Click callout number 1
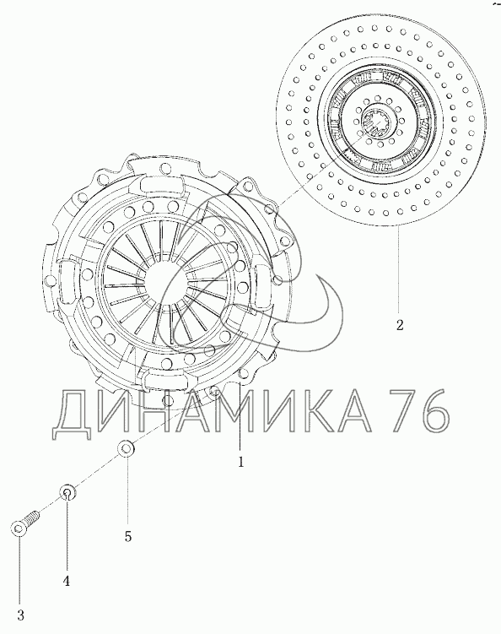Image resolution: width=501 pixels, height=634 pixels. (x=241, y=462)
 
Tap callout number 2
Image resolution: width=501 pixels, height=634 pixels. (x=400, y=325)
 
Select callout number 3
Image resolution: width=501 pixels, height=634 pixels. (x=20, y=615)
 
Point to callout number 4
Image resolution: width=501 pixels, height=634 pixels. (x=67, y=581)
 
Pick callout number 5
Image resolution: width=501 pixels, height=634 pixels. (x=128, y=537)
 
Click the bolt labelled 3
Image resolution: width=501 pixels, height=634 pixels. (x=24, y=523)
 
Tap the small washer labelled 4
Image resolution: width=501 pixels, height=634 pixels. (x=67, y=492)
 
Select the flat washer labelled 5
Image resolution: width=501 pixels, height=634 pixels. (x=125, y=448)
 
